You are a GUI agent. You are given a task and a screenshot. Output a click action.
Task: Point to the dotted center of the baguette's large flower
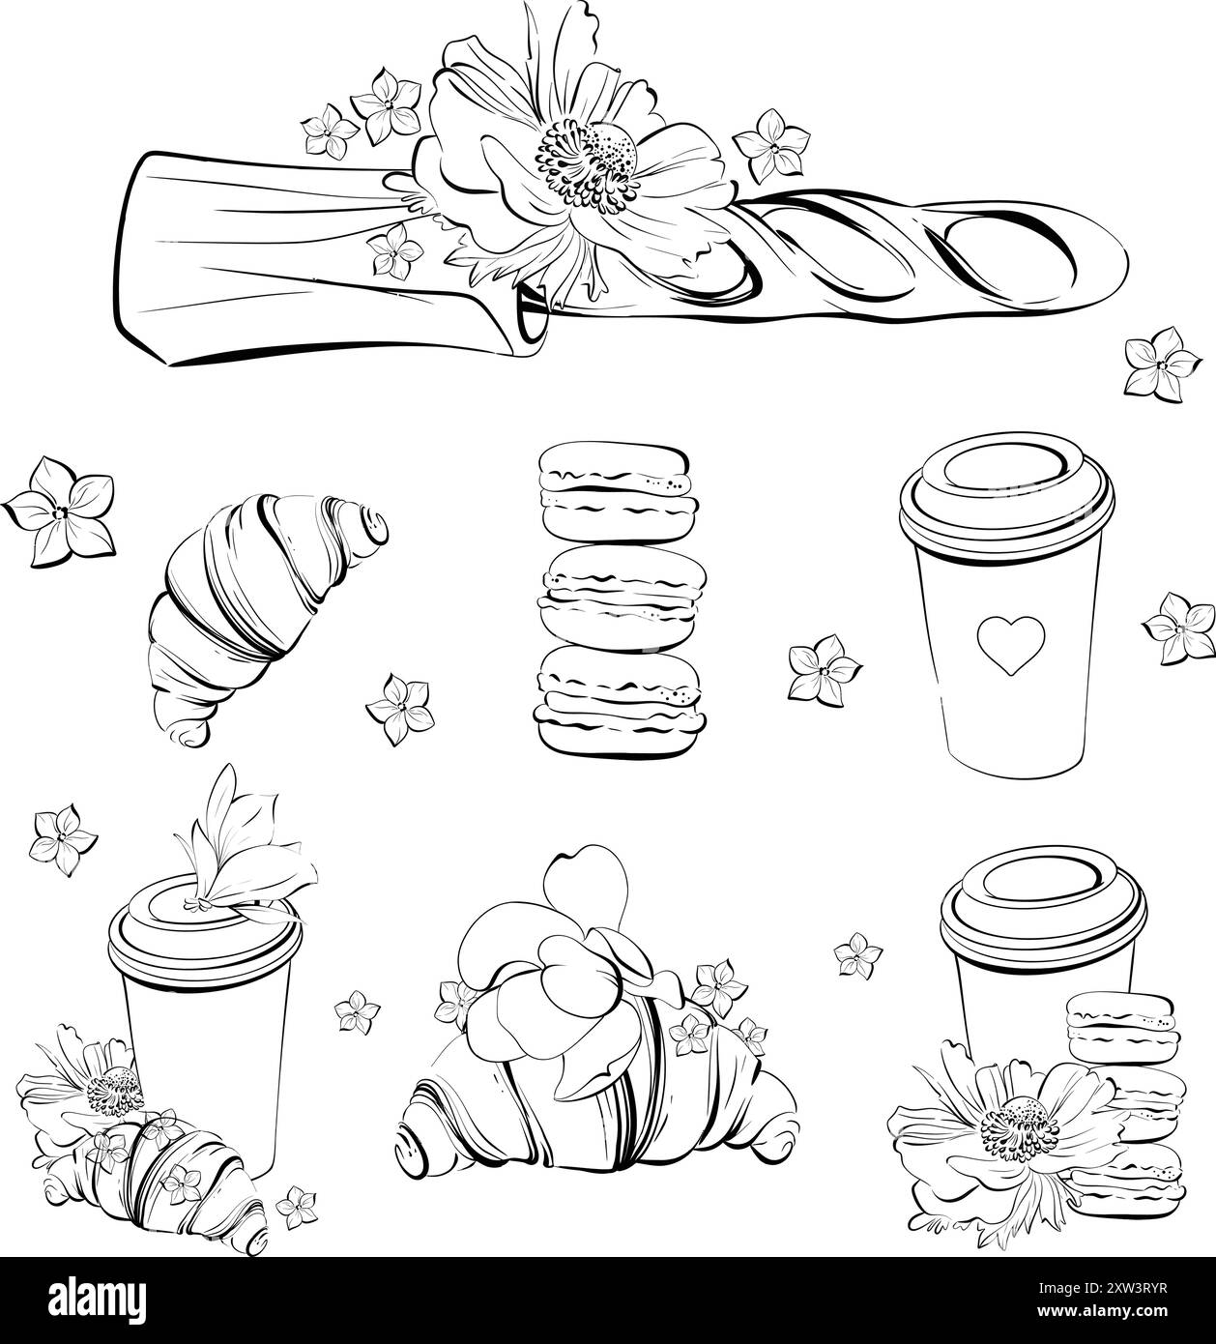[x=590, y=164]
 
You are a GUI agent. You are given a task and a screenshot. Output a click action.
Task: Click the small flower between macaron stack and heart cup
[x=823, y=667]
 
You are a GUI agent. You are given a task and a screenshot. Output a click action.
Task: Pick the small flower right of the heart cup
[x=1178, y=628]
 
